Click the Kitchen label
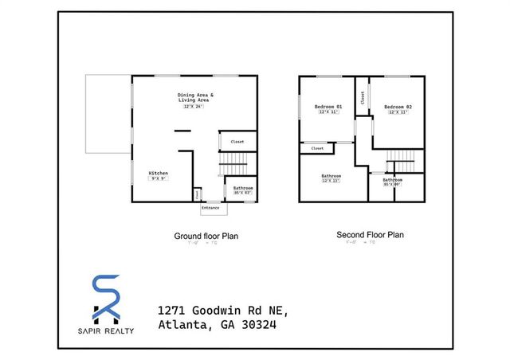tap(158, 173)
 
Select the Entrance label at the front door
tap(210, 208)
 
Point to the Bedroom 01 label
tap(328, 107)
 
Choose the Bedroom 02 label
tap(397, 107)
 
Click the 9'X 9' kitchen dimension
tap(158, 179)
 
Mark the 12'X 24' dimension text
tap(194, 106)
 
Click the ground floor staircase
tap(233, 166)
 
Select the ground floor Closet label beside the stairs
tap(237, 142)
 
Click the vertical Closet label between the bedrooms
tap(363, 98)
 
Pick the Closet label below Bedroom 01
tap(317, 148)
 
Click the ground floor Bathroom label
tap(242, 187)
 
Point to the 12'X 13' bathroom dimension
tap(331, 181)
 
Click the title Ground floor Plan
tap(206, 236)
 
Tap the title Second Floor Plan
tap(370, 235)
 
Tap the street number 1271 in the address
tap(168, 309)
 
